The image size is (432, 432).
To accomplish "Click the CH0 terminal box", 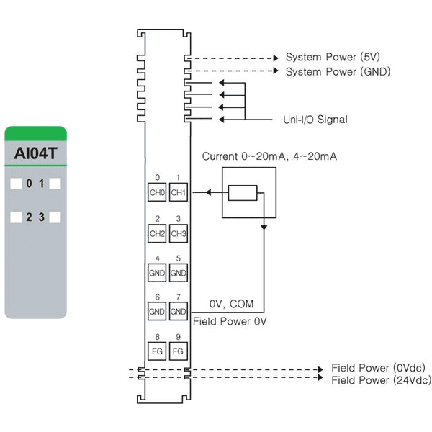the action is (x=157, y=192).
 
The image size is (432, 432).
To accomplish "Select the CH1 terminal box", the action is (x=179, y=192).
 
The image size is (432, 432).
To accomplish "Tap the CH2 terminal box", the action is (x=157, y=233).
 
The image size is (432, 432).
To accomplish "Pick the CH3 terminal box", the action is (x=179, y=233).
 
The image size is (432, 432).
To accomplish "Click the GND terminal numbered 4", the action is (x=157, y=273).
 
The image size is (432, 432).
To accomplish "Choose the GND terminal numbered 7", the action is (x=179, y=311).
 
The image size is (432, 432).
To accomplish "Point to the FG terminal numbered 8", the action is (x=157, y=351).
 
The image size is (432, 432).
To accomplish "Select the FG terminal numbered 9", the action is (x=179, y=351).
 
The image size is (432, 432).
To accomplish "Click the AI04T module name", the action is (x=35, y=153).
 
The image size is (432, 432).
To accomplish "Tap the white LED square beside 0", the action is (x=16, y=184).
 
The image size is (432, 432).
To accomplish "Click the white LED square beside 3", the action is (x=55, y=217).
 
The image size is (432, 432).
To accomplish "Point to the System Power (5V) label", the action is (x=333, y=57).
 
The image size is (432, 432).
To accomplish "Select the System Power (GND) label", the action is (x=338, y=71).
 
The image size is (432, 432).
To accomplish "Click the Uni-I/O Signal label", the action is (x=315, y=120).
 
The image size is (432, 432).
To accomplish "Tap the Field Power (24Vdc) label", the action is (x=382, y=380).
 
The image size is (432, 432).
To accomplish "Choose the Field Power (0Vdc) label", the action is (x=378, y=368).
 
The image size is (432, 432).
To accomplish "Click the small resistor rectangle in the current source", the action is (x=243, y=193).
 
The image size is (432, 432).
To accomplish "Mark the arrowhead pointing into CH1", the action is (x=209, y=192).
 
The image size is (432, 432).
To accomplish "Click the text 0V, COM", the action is (x=231, y=304).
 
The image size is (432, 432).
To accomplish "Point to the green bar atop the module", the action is (x=35, y=134).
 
